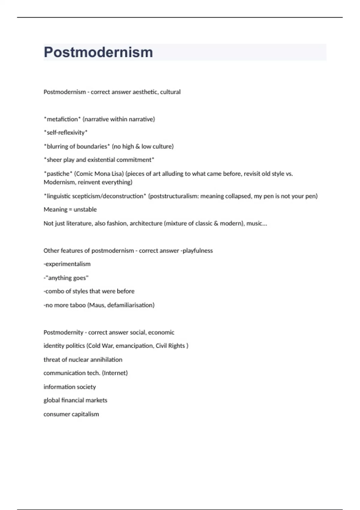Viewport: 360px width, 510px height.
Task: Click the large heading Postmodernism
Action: click(x=98, y=52)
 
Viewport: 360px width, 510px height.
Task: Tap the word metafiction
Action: click(x=62, y=119)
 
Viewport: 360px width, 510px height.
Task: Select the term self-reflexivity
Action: click(x=66, y=133)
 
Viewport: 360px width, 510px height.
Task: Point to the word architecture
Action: click(x=146, y=223)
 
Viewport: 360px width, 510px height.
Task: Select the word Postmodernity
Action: click(x=63, y=332)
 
